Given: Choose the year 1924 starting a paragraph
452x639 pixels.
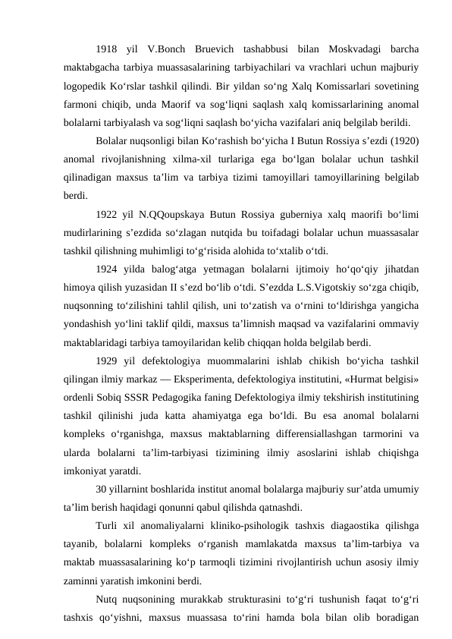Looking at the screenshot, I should tap(108, 268).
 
